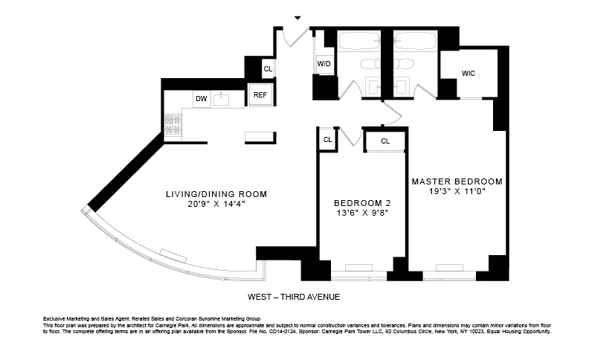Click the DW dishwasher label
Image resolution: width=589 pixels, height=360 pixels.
(x=201, y=99)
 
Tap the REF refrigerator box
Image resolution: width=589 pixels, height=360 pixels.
(x=260, y=94)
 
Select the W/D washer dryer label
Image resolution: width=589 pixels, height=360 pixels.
(x=324, y=65)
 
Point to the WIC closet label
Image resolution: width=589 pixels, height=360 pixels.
(x=469, y=74)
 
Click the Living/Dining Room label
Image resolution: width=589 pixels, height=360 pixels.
(x=216, y=194)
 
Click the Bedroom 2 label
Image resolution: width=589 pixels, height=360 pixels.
(x=362, y=202)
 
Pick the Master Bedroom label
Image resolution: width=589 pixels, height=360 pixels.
(x=457, y=181)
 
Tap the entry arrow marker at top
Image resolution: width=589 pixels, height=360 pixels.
(x=298, y=17)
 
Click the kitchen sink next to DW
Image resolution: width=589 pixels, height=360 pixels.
(x=221, y=98)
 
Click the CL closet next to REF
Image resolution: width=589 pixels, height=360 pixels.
(x=268, y=69)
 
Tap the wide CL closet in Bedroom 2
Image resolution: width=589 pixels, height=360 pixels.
(x=385, y=141)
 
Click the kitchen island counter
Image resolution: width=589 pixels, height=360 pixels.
(x=260, y=137)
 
